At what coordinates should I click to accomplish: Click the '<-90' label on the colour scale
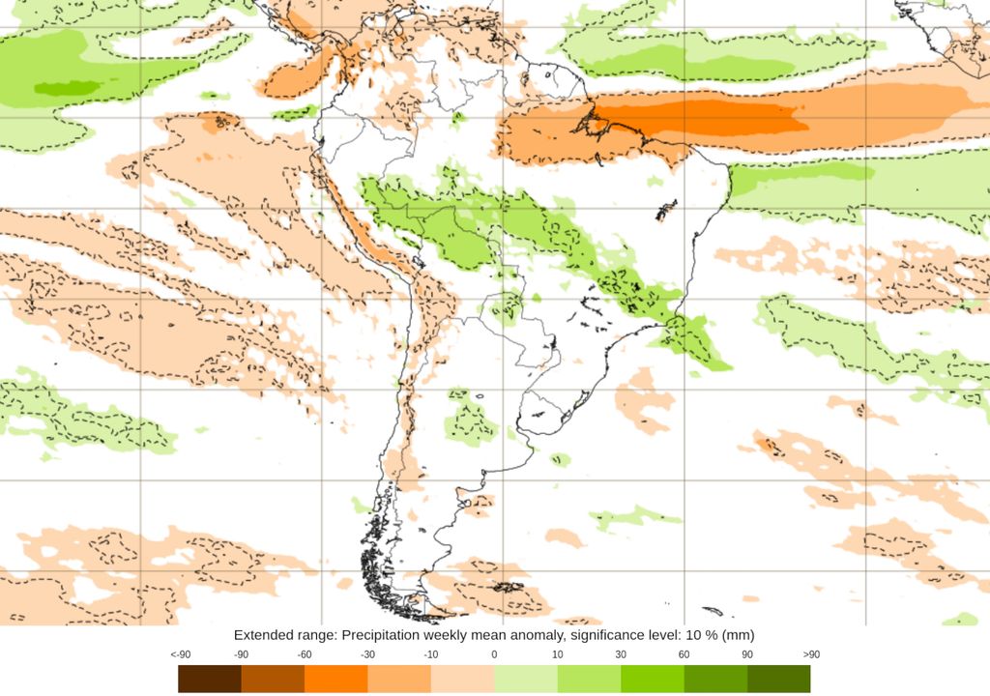[179, 654]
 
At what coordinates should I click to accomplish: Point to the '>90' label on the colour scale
[810, 654]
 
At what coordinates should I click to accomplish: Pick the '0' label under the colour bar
[494, 654]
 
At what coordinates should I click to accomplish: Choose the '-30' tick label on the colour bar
[367, 654]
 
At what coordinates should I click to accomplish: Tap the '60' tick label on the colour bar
[684, 654]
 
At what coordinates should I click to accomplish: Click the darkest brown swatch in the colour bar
[210, 679]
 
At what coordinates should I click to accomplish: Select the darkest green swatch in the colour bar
[778, 679]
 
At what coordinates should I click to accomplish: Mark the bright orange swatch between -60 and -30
[335, 679]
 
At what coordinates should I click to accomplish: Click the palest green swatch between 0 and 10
[525, 679]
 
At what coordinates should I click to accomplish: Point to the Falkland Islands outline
[507, 587]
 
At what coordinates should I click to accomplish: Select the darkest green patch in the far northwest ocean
[68, 89]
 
